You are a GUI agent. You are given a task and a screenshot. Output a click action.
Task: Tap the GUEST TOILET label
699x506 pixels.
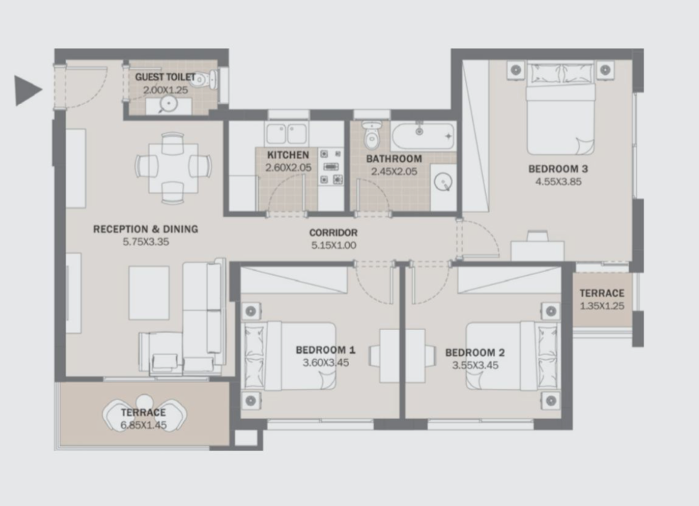pos(165,77)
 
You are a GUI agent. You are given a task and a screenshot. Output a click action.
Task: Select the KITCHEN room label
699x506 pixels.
pos(288,155)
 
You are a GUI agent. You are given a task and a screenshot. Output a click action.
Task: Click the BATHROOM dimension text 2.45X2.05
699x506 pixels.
pos(394,172)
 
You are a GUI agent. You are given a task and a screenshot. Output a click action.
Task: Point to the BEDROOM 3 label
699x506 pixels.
pos(558,169)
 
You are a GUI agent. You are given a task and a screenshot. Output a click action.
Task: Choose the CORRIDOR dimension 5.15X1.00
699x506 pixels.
pos(334,245)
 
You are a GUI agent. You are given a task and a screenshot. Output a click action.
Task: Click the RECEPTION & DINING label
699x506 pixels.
pos(145,229)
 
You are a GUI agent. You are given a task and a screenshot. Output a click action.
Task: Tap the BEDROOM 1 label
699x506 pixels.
pos(325,350)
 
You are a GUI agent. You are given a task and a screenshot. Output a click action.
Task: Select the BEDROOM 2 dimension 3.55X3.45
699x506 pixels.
pos(475,365)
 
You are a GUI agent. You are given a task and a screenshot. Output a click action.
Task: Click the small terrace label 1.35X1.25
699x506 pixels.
pos(602,306)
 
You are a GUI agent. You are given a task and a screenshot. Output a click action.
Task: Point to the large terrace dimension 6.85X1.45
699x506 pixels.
pos(144,425)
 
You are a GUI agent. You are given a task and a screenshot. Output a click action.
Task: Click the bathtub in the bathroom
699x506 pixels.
pos(423,136)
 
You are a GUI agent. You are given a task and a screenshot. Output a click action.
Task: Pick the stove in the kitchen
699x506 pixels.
pos(331,167)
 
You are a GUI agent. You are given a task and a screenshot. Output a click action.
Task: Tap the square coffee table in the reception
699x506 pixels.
pos(149,293)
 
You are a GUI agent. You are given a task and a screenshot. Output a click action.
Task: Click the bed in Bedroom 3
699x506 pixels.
pos(560,108)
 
